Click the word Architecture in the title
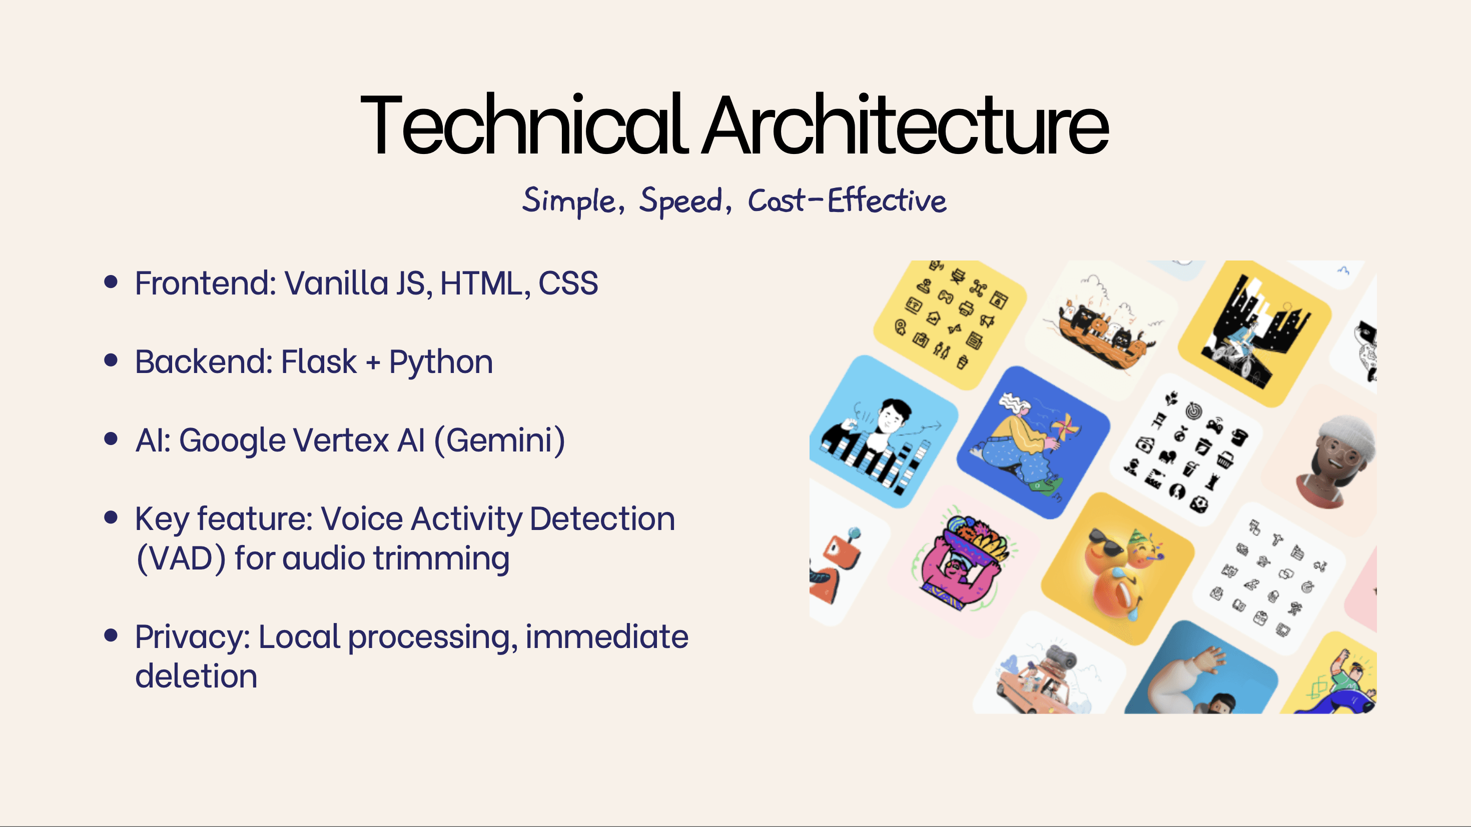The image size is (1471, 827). click(905, 124)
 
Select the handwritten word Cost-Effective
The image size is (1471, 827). click(847, 200)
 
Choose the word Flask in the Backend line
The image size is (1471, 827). click(319, 361)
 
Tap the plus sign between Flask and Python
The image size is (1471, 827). click(373, 362)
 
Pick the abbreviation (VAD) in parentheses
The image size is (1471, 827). click(181, 559)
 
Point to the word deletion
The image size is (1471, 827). click(196, 676)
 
